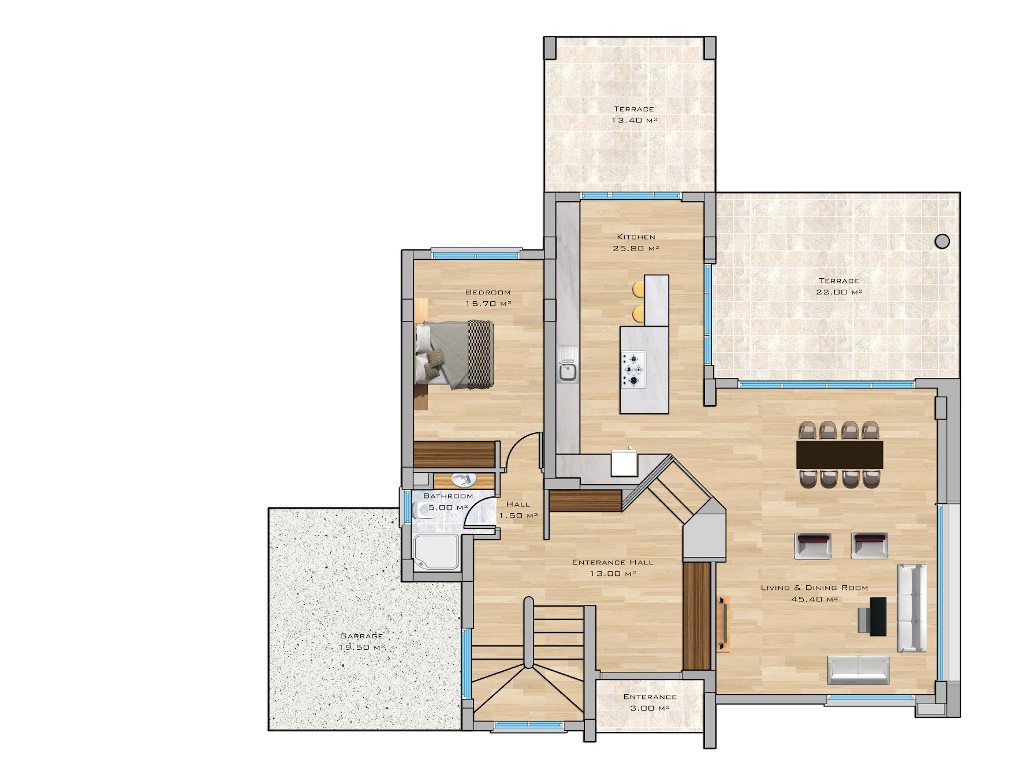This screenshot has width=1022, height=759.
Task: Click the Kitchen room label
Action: pos(636,237)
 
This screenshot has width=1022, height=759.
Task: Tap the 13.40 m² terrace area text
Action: pos(635,120)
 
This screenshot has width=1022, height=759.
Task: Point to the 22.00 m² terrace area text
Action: pos(839,292)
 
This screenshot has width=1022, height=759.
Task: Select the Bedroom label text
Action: pos(488,292)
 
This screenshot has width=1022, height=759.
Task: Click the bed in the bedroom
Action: pos(454,354)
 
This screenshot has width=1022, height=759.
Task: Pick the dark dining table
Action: pos(840,455)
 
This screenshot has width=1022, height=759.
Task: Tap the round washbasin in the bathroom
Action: pos(463,480)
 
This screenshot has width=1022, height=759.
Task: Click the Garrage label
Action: pos(361,635)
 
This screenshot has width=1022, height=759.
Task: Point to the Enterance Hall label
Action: pos(613,562)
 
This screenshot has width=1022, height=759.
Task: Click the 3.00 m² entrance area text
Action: pos(650,708)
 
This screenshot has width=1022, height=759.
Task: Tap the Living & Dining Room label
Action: pos(814,588)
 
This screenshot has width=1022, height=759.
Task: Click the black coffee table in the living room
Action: pos(878,616)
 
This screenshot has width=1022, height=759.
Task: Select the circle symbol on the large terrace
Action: pos(942,241)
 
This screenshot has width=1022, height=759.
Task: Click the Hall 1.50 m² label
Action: pos(519,510)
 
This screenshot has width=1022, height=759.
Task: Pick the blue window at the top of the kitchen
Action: pos(631,196)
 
